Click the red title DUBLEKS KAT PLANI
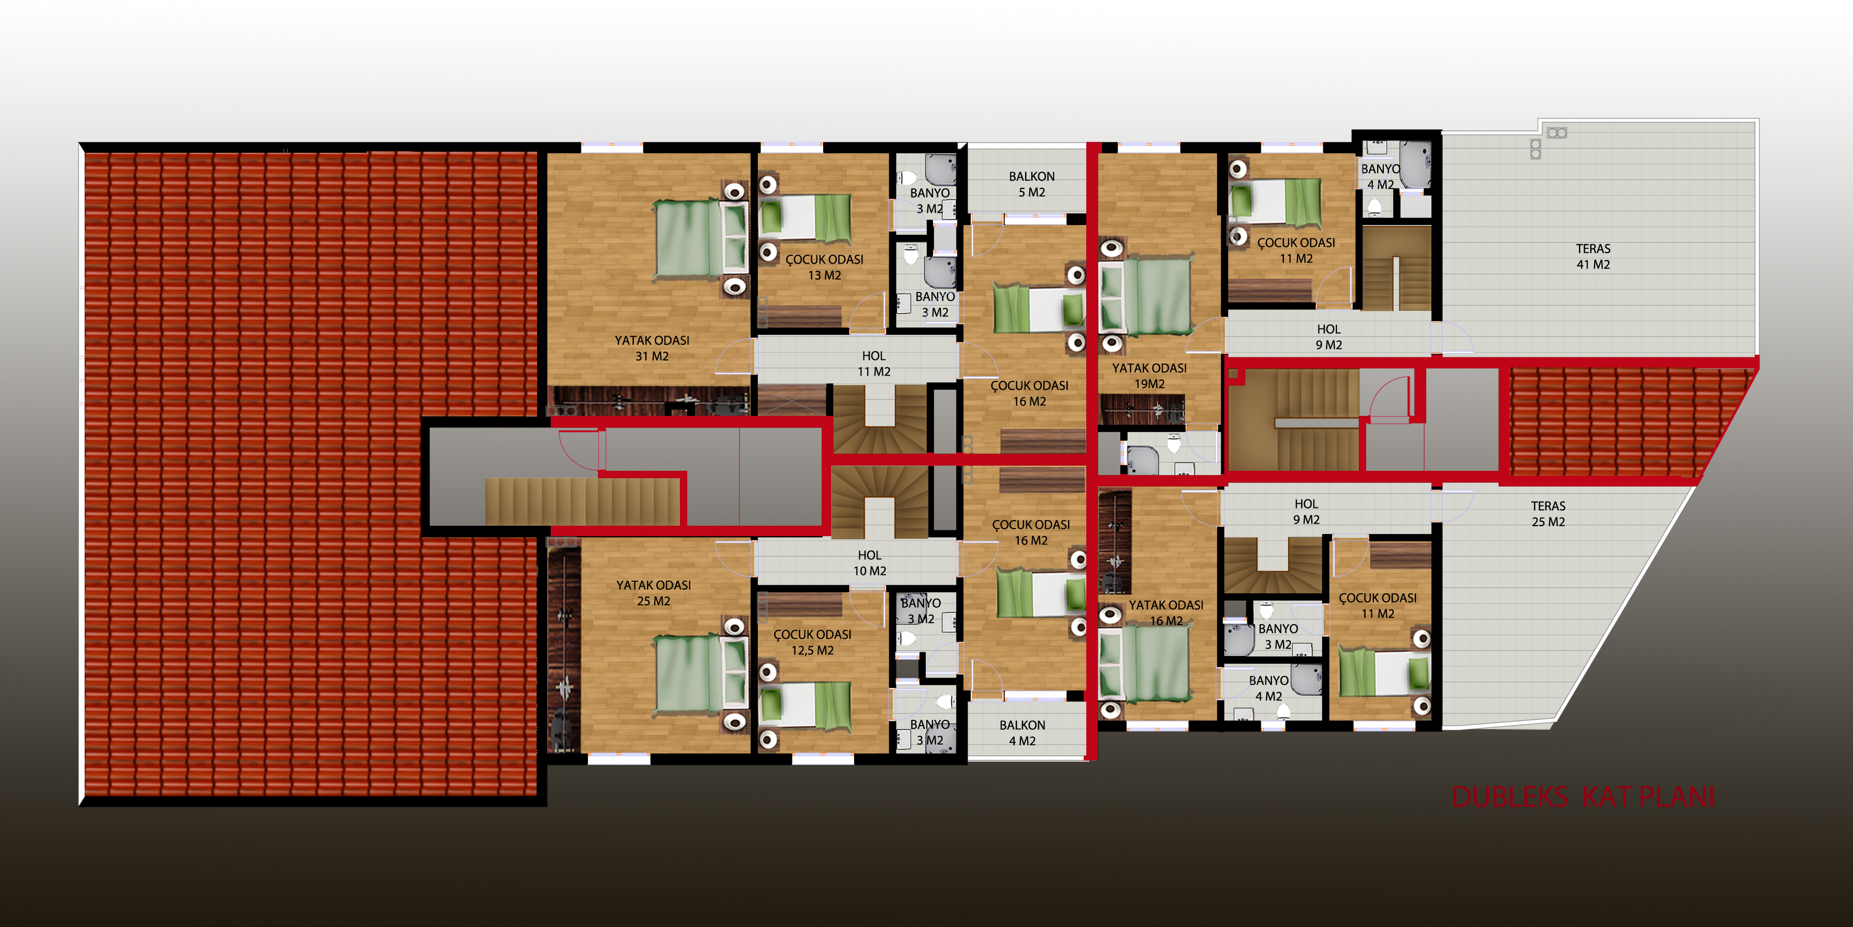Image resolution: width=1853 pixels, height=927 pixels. tap(1583, 797)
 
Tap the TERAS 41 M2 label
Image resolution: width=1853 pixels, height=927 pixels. tap(1593, 256)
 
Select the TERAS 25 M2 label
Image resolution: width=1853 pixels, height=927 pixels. tap(1548, 514)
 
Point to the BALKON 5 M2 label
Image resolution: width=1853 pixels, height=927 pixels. tap(1031, 184)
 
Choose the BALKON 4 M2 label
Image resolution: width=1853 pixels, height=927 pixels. tap(1022, 733)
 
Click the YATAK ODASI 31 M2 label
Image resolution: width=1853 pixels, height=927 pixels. tap(652, 348)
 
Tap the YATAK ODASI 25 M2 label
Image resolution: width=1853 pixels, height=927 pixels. tap(653, 593)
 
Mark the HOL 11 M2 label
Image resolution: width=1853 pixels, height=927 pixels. tap(874, 364)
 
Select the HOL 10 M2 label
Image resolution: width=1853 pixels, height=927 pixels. tap(870, 563)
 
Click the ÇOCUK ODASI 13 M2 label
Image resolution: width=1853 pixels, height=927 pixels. tap(824, 267)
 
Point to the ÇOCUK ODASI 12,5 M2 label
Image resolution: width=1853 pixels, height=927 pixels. tap(812, 642)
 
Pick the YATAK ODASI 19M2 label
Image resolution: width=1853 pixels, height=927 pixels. tap(1150, 376)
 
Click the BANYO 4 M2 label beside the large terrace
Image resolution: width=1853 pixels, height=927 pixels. tap(1380, 176)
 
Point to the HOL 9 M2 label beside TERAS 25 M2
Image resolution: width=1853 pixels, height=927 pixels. tap(1306, 512)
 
